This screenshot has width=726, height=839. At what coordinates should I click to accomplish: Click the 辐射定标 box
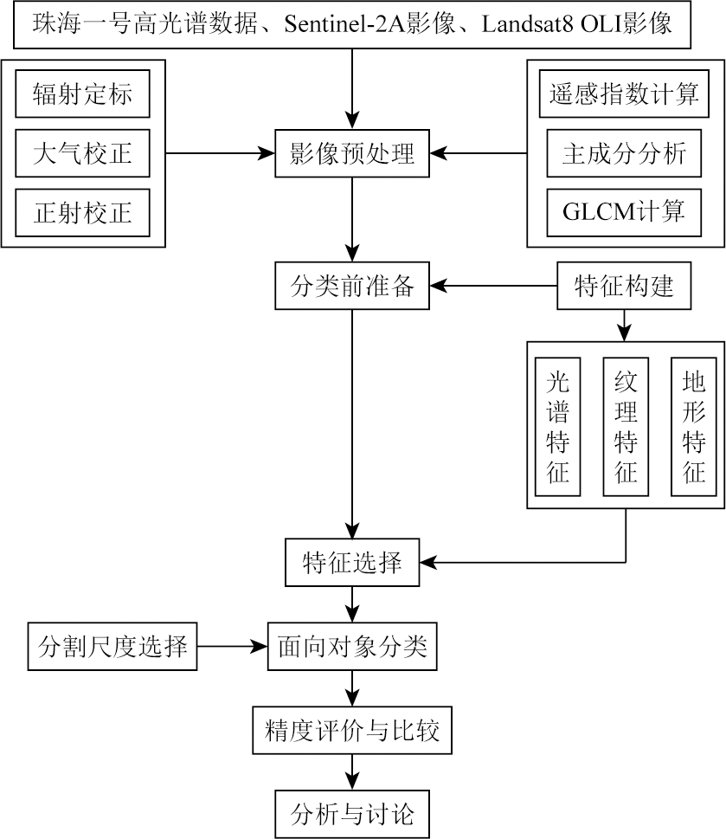click(82, 94)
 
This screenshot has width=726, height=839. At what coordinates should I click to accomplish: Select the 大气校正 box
click(82, 154)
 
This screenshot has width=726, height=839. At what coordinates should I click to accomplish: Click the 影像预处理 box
click(352, 154)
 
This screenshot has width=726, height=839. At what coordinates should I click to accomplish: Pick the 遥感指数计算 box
click(624, 94)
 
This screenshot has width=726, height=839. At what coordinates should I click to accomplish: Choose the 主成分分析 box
click(624, 154)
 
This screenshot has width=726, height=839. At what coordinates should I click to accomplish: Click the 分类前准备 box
click(352, 286)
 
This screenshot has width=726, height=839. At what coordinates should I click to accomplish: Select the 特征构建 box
click(624, 286)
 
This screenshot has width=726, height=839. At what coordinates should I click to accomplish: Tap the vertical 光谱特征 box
click(557, 427)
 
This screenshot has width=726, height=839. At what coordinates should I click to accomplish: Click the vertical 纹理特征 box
click(626, 427)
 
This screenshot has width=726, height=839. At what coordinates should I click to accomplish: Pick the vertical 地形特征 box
click(693, 427)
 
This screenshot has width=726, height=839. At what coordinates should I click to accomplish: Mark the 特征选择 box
click(352, 563)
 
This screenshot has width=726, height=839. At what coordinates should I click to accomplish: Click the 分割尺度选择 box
click(112, 646)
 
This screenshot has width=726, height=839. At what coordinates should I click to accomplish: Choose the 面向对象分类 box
click(352, 646)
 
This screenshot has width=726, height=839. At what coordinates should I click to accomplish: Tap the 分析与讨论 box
click(352, 813)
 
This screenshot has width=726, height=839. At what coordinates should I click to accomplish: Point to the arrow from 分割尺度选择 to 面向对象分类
click(232, 646)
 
